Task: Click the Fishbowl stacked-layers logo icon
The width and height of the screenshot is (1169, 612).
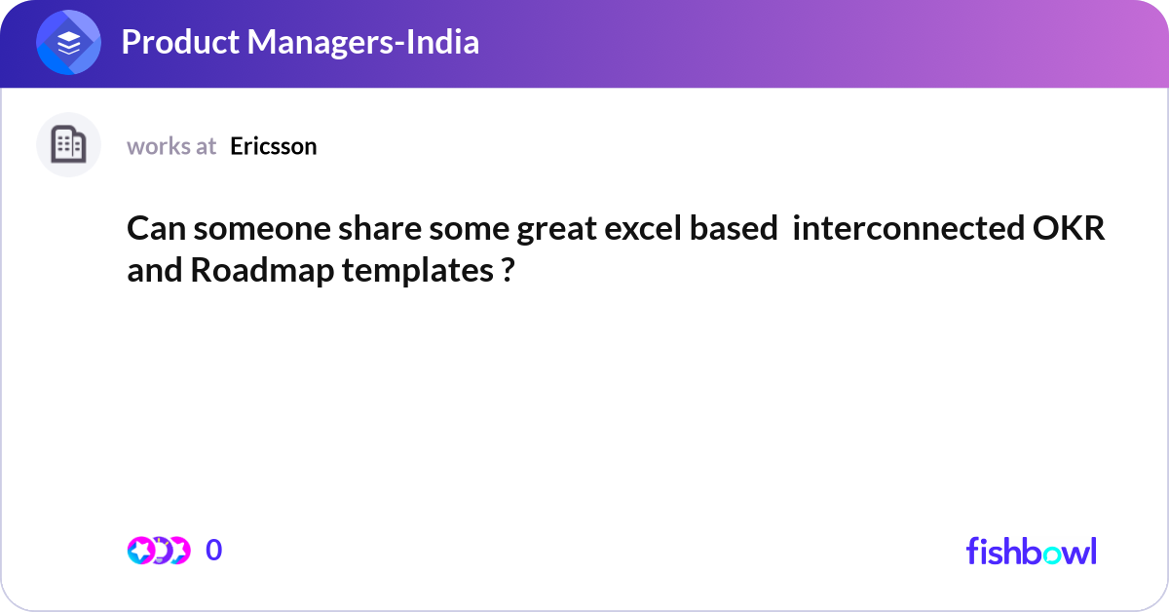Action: click(68, 43)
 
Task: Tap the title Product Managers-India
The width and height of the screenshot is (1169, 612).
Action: click(300, 42)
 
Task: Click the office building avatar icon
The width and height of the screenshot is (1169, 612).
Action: click(68, 145)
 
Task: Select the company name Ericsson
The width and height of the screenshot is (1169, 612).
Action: click(274, 146)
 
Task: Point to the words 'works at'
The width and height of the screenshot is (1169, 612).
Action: click(171, 146)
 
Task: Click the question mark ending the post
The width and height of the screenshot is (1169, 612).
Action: click(508, 270)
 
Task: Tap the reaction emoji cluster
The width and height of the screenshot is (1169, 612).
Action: click(158, 551)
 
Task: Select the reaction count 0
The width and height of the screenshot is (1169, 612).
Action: click(214, 551)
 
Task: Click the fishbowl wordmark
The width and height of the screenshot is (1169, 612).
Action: click(1031, 551)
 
